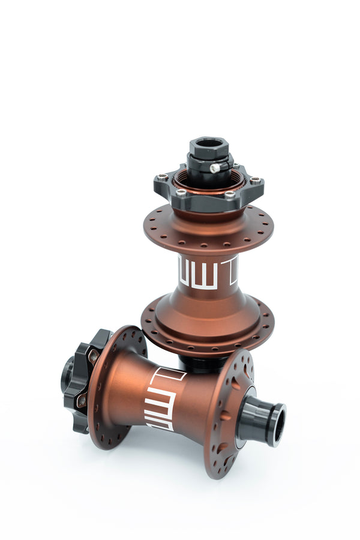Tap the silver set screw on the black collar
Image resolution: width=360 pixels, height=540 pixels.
click(215, 169)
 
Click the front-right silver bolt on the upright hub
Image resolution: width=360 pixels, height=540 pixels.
click(229, 194)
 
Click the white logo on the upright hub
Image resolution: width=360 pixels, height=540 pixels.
click(208, 274)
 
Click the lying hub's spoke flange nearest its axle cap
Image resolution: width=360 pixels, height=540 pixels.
click(231, 414)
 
